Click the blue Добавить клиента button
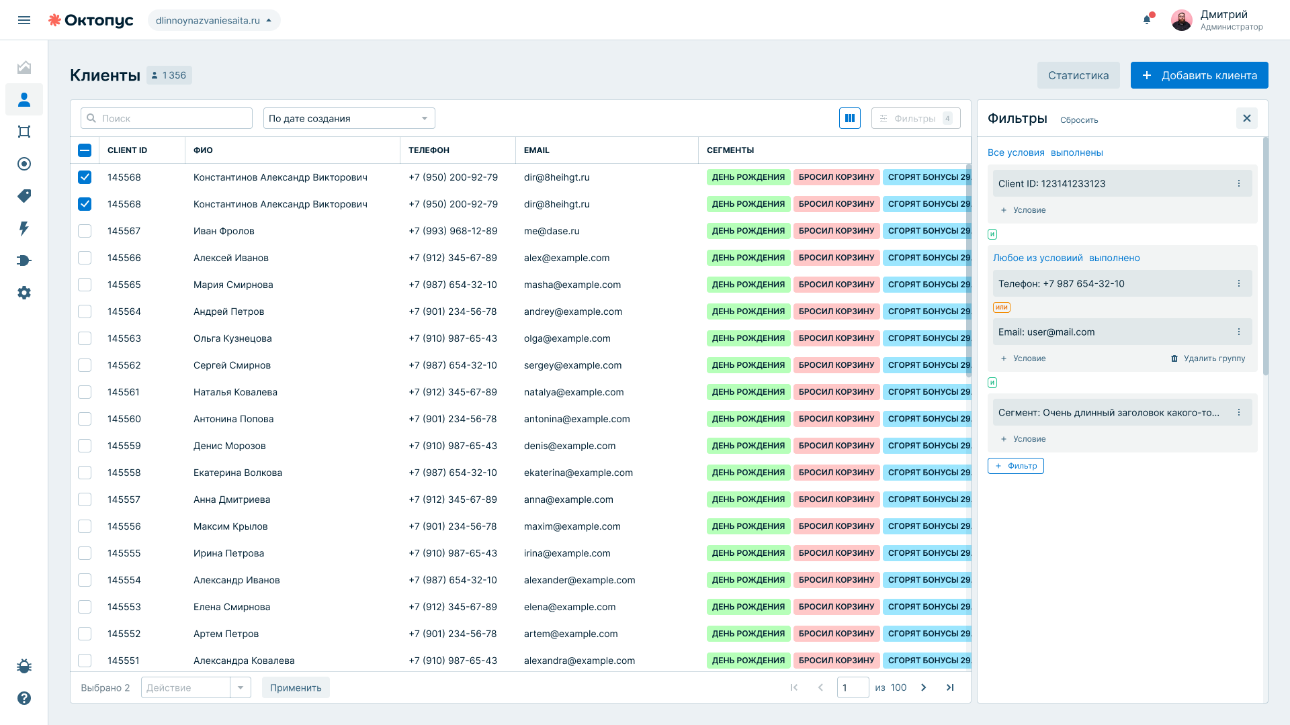[x=1199, y=75]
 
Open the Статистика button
[x=1078, y=75]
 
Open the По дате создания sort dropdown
[x=349, y=118]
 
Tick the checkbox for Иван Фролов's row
[x=85, y=231]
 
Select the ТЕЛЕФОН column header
[x=429, y=150]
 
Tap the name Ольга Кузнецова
[x=232, y=338]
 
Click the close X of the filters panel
[x=1247, y=118]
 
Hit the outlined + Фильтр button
[x=1016, y=466]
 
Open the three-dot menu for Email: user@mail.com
[x=1239, y=332]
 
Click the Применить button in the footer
[x=296, y=687]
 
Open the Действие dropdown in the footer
[x=196, y=687]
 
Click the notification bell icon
[x=1148, y=19]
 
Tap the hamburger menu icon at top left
[x=24, y=20]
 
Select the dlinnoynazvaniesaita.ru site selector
[x=214, y=20]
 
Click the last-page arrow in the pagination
[x=950, y=687]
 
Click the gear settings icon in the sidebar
[x=24, y=293]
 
